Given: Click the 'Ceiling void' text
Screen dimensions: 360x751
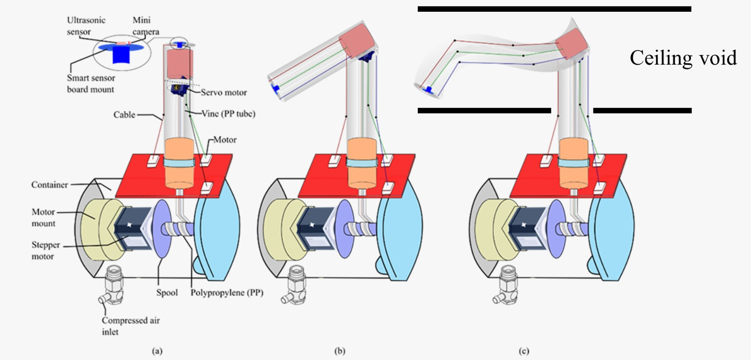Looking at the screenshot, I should click(x=683, y=58).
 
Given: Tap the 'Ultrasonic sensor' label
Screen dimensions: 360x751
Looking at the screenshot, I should click(x=85, y=26).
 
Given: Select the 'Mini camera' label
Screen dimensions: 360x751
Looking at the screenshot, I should click(x=145, y=26).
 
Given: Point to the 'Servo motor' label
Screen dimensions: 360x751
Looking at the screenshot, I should click(x=223, y=92).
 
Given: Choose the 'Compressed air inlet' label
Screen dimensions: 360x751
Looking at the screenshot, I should click(x=130, y=326).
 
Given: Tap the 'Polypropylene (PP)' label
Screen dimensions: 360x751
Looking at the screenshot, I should click(x=227, y=293).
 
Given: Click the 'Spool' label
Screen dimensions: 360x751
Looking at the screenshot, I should click(x=167, y=293).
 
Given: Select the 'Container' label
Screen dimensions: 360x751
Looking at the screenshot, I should click(x=49, y=185).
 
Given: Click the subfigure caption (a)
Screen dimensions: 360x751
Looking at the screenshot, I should click(x=157, y=351).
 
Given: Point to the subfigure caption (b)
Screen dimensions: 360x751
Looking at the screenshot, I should click(x=340, y=351).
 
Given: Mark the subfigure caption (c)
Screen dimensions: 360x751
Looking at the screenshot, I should click(x=524, y=351).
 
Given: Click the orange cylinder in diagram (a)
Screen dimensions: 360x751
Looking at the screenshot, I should click(x=178, y=162).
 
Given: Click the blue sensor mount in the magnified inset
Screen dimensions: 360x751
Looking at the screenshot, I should click(x=121, y=54).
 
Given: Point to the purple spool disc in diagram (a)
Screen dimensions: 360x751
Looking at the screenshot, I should click(x=161, y=229).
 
